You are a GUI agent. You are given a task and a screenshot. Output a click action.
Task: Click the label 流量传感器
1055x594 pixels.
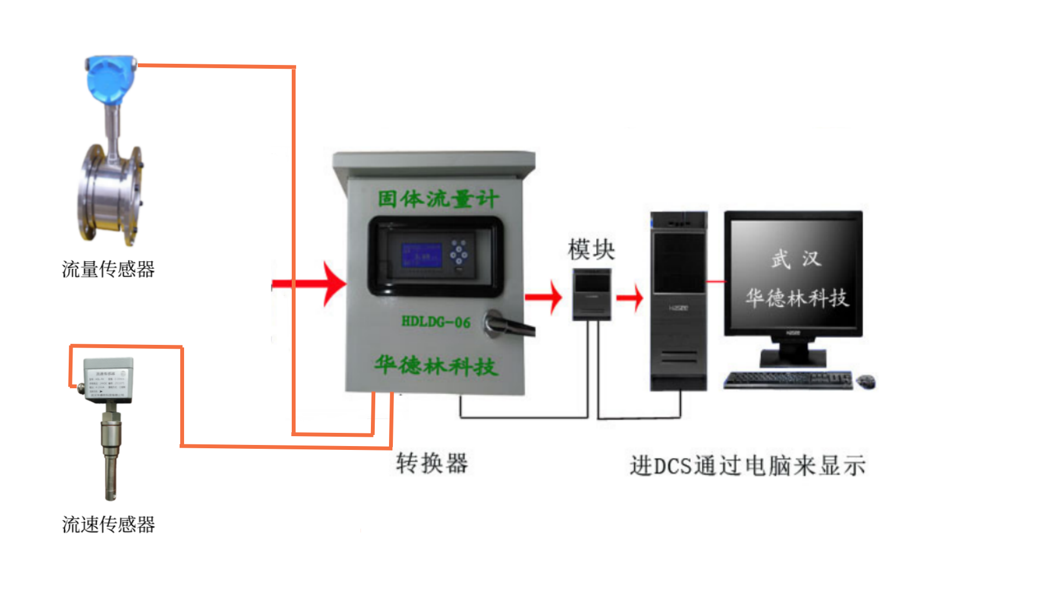pos(108,269)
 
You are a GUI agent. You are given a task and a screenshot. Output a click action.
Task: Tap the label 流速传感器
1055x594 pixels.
pos(108,525)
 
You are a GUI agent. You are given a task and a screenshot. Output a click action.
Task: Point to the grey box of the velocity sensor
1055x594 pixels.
pos(108,380)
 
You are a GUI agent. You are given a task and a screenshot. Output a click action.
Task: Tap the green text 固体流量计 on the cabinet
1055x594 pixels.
pos(438,199)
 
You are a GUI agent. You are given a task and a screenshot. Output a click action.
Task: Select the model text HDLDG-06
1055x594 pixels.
pos(436,322)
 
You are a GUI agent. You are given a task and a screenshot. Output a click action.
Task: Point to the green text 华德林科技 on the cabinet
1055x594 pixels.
pos(436,365)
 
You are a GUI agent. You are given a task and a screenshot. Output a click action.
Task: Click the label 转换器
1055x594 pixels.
pos(432,464)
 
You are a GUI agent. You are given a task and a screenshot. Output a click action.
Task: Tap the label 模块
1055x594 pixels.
pos(591,250)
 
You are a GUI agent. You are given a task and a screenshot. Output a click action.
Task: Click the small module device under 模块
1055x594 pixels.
pos(591,294)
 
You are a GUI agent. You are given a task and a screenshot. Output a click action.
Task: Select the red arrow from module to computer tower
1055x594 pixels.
pos(630,298)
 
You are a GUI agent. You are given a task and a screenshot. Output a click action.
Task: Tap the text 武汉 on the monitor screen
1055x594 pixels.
pos(795,258)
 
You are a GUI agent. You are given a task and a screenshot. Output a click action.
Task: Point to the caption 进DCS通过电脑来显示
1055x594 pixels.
pos(748,466)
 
